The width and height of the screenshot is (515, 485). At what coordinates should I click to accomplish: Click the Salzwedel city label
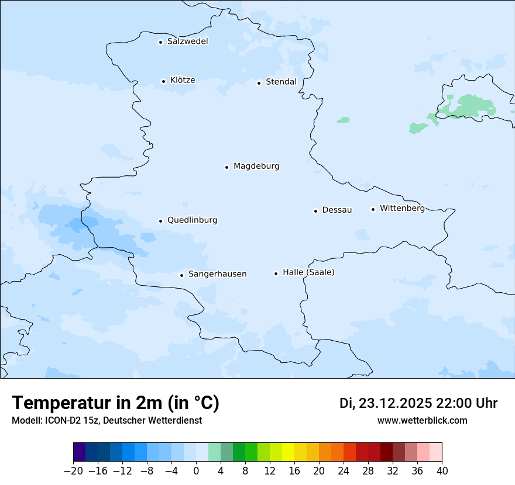(187, 41)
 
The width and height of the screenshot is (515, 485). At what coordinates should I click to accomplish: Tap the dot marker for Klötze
(164, 81)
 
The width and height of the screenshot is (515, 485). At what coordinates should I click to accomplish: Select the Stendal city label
(281, 82)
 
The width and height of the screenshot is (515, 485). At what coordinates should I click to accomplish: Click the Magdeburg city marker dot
(226, 167)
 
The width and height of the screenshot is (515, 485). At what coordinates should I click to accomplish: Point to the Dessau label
(337, 210)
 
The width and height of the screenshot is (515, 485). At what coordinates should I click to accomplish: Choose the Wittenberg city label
(402, 208)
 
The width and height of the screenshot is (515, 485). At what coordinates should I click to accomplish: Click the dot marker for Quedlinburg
(160, 221)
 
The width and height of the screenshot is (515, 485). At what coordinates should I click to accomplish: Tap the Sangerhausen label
(217, 274)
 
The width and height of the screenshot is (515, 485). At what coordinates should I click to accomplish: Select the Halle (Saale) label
(308, 272)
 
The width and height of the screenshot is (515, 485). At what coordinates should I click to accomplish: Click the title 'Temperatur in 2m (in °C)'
(115, 403)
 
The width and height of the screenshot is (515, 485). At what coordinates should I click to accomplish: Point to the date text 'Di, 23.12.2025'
(386, 403)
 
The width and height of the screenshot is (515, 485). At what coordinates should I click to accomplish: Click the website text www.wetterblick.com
(422, 420)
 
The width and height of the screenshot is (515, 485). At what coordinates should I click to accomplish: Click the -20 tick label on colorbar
(73, 470)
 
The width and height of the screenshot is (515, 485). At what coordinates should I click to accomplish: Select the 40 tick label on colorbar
(442, 470)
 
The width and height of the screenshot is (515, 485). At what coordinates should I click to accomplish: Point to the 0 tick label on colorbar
(196, 470)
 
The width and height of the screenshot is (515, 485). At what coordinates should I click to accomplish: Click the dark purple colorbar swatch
(79, 452)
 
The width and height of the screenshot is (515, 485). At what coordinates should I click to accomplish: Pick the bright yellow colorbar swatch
(288, 452)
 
